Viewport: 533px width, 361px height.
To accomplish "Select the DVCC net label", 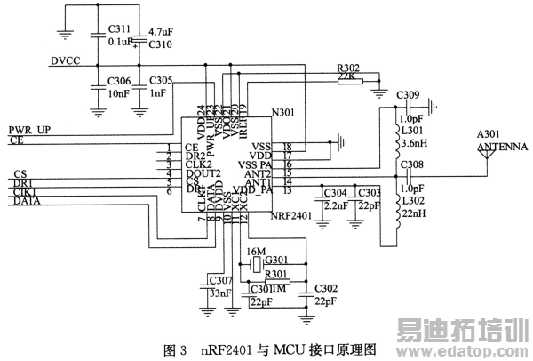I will click(66, 61).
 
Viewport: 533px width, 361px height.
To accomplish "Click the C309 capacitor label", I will click(409, 94).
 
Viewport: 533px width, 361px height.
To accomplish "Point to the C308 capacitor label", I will click(411, 164).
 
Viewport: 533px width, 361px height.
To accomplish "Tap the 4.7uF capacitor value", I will click(161, 32).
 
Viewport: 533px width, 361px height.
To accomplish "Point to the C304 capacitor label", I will click(336, 193).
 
